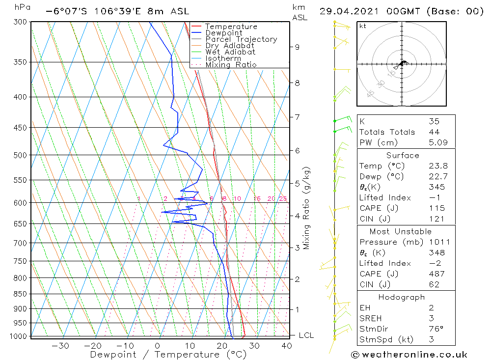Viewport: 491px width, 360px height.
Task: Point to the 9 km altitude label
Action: coord(297,47)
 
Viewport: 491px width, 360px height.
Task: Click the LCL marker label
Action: coord(306,335)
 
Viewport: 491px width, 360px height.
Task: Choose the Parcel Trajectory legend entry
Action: coord(241,39)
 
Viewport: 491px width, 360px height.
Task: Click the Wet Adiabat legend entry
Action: coord(230,52)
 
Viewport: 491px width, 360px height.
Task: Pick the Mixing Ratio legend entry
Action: coord(231,65)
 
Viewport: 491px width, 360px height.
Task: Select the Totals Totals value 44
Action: coord(434,132)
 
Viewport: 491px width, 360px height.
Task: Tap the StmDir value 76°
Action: coord(436,329)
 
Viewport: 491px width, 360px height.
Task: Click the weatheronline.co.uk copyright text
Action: coord(409,355)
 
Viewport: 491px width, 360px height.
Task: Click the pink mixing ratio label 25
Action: coord(283,198)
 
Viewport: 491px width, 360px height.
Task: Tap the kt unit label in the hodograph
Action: coord(362,26)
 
